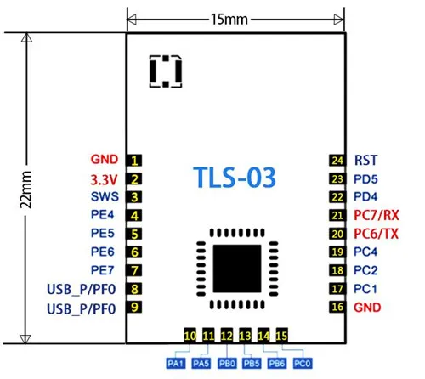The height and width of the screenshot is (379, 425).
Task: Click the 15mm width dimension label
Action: click(x=229, y=20)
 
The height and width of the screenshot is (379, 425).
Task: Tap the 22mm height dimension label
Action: click(x=25, y=189)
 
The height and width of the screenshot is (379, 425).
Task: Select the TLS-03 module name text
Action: click(x=235, y=177)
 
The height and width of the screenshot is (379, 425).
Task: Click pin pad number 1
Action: click(x=134, y=161)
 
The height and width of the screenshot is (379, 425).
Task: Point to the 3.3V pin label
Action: click(x=104, y=179)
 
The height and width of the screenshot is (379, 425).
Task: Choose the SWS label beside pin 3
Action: click(x=105, y=196)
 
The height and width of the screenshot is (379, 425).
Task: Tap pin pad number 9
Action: click(x=134, y=307)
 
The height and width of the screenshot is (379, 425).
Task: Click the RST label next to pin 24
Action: click(x=365, y=161)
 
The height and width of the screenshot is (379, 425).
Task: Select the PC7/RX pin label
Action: click(x=377, y=215)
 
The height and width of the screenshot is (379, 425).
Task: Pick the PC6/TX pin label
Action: click(x=377, y=234)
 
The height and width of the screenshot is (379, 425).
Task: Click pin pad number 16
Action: click(x=337, y=307)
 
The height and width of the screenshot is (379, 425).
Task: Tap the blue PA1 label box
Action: click(x=176, y=364)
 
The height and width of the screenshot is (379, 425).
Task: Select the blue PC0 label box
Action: click(x=303, y=364)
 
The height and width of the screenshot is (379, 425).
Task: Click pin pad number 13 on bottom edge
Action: click(x=245, y=336)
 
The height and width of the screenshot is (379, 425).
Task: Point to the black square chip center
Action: click(x=237, y=269)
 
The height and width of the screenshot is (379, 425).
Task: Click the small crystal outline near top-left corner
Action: click(x=166, y=71)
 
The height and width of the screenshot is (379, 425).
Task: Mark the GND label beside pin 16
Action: click(x=367, y=308)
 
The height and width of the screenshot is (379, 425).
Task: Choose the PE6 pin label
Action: click(x=102, y=252)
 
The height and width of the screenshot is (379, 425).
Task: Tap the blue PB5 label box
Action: click(x=252, y=364)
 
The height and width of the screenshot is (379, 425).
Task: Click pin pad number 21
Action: click(x=337, y=216)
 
